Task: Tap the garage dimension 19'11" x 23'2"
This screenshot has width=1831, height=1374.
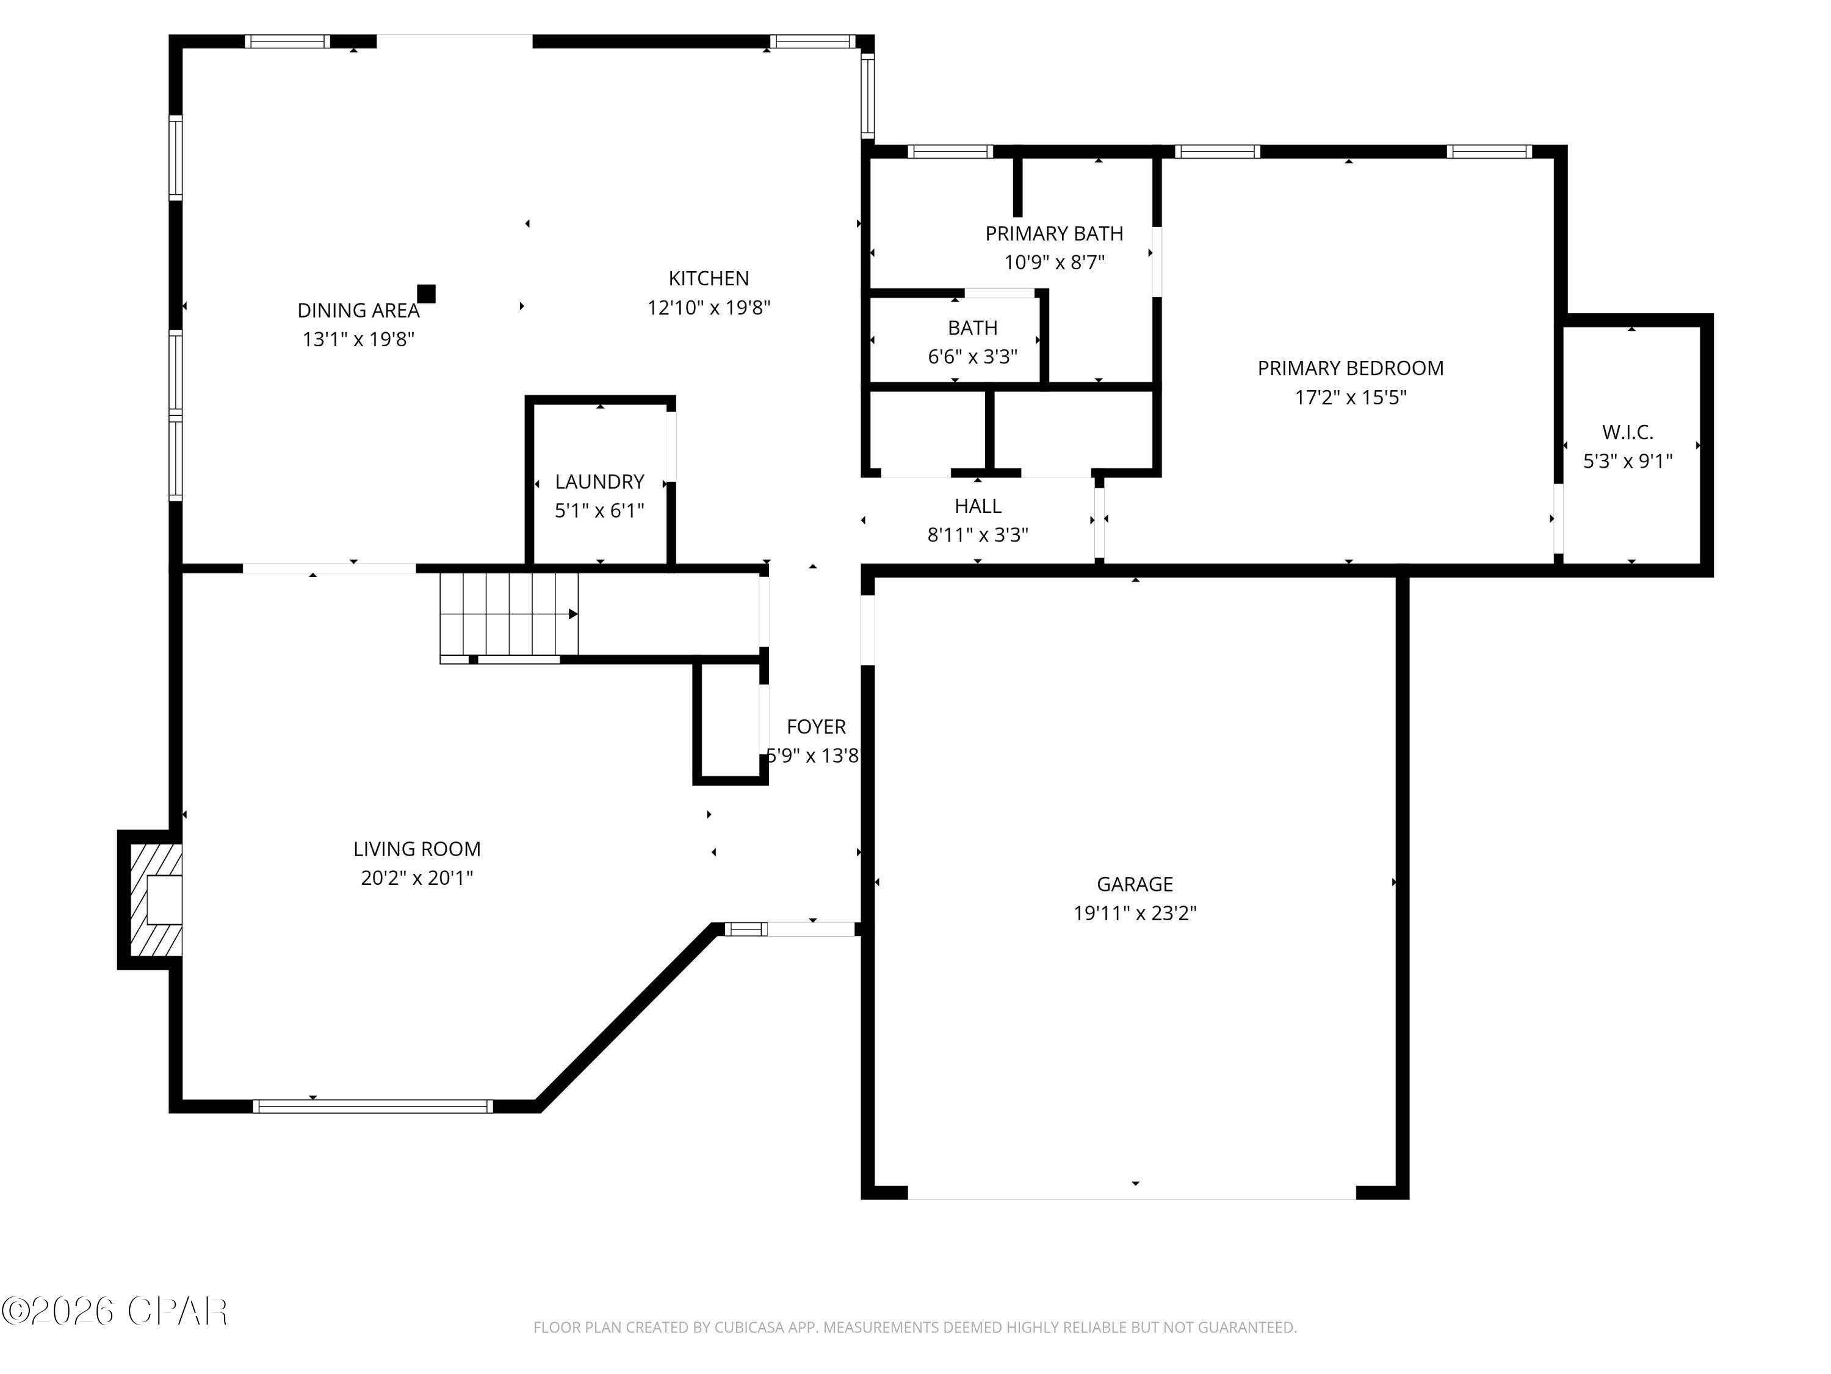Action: click(x=1135, y=913)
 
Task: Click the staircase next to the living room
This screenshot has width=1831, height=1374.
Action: click(x=508, y=614)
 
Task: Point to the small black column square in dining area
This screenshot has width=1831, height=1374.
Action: click(x=426, y=294)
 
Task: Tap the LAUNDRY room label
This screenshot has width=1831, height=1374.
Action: click(x=599, y=481)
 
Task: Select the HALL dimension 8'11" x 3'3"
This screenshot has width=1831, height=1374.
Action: click(x=978, y=534)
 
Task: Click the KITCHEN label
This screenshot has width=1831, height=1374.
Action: click(x=709, y=278)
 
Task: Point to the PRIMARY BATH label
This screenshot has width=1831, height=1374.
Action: click(x=1053, y=233)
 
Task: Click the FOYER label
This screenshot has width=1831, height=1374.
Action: click(x=815, y=726)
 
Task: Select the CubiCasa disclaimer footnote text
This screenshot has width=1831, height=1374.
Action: click(x=915, y=1328)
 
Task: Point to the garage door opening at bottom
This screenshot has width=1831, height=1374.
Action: click(x=1132, y=1193)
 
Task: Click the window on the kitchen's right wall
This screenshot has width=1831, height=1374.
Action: click(x=867, y=95)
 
